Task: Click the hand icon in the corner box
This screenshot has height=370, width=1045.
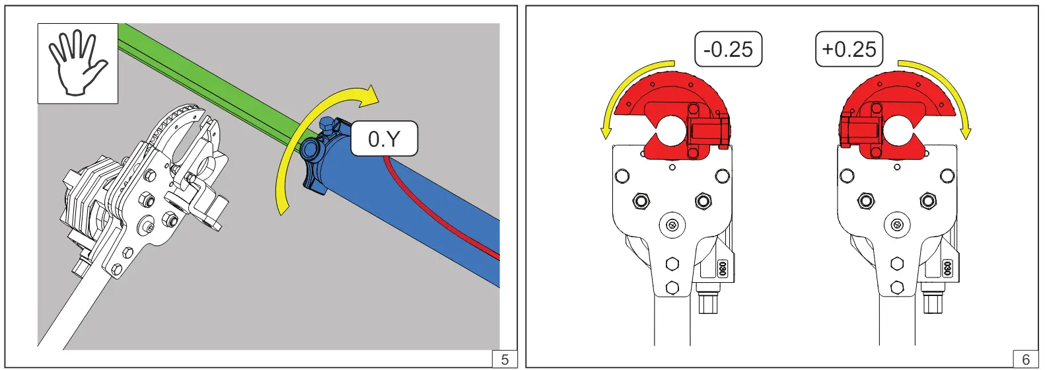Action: click(x=77, y=63)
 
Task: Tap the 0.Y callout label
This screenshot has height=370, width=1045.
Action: click(x=384, y=139)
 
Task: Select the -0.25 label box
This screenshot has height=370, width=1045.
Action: click(x=728, y=49)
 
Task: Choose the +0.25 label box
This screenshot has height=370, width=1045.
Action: click(x=849, y=49)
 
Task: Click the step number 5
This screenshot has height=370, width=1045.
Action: click(x=505, y=359)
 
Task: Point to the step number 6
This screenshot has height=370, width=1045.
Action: click(x=1025, y=359)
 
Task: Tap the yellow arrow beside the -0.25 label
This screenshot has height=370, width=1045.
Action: click(x=624, y=89)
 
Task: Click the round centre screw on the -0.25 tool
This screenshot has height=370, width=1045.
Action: click(x=672, y=225)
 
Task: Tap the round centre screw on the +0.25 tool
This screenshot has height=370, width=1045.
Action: click(x=897, y=225)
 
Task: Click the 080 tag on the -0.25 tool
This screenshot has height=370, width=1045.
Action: click(x=723, y=268)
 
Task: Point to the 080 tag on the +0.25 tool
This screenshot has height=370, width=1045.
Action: click(x=947, y=268)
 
